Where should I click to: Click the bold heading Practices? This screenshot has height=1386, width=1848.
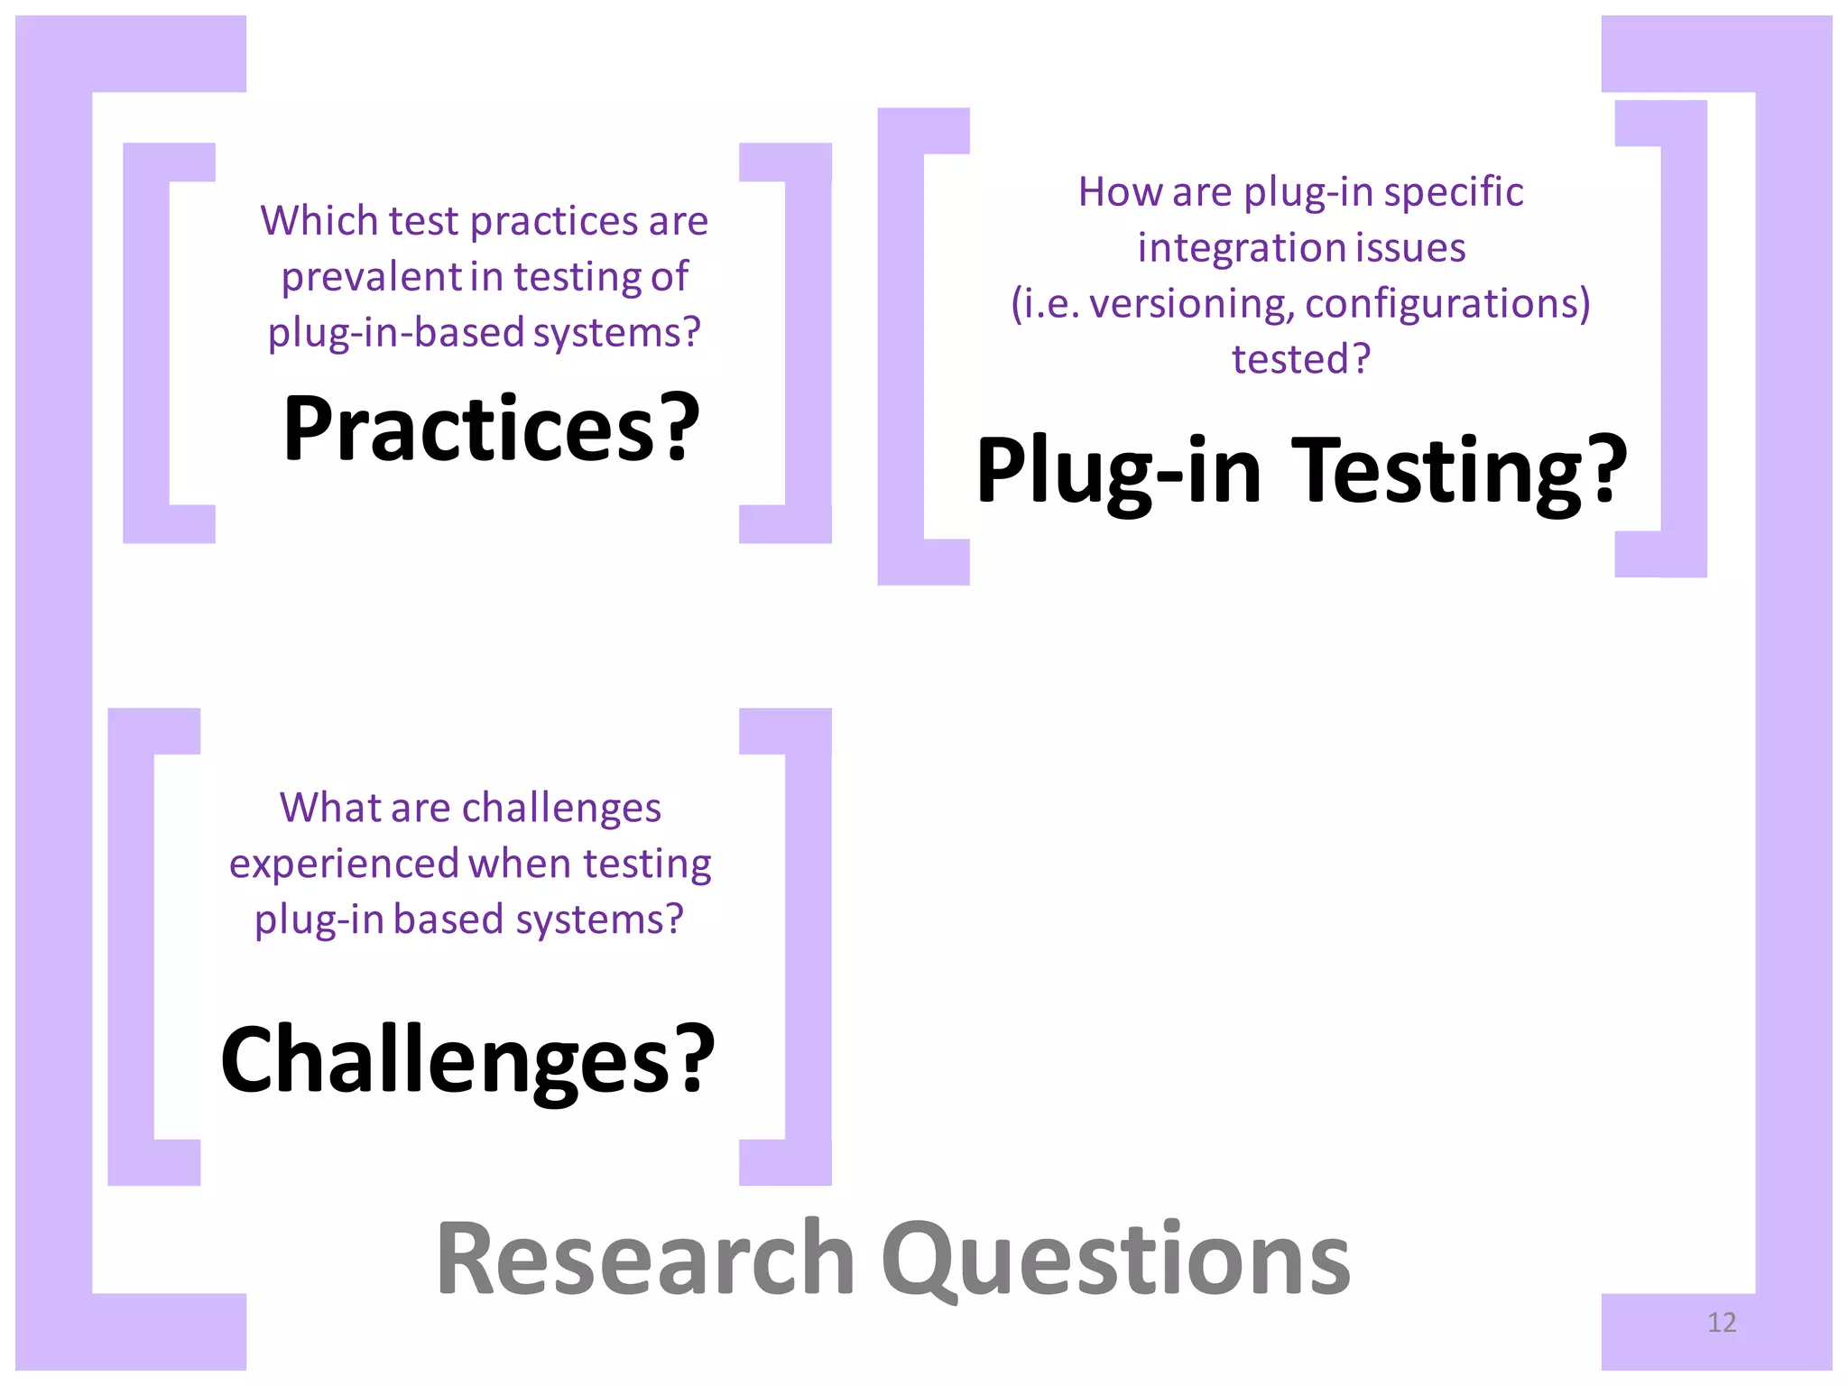click(x=491, y=429)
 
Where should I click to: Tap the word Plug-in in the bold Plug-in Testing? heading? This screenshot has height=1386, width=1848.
click(x=1119, y=471)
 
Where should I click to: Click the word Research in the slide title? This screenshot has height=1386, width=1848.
click(x=645, y=1258)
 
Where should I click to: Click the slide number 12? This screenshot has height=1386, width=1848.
click(x=1722, y=1323)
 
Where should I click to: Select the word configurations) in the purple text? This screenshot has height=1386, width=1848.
click(x=1447, y=304)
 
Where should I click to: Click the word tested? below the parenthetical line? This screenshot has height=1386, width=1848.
click(x=1301, y=359)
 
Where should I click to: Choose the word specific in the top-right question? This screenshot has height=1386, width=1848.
click(x=1454, y=192)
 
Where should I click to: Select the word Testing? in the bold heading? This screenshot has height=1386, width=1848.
click(x=1459, y=471)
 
